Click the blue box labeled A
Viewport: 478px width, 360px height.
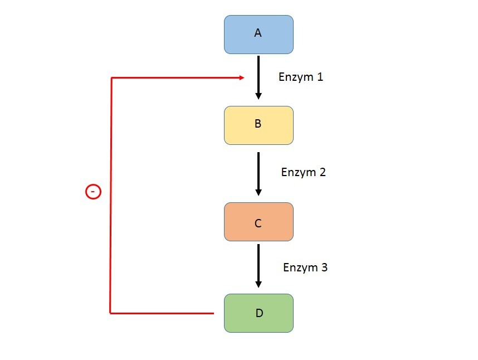tap(258, 35)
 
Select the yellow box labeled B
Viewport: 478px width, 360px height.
tap(258, 125)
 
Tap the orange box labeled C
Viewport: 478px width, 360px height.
tap(258, 222)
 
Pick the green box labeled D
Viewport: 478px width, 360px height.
tap(258, 313)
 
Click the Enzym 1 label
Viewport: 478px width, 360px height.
tap(301, 77)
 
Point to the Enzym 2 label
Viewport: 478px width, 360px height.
tap(304, 172)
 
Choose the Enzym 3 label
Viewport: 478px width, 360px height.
tap(305, 267)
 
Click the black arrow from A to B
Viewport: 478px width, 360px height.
tap(258, 75)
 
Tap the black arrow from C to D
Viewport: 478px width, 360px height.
tap(258, 264)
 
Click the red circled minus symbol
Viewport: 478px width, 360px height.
tap(93, 192)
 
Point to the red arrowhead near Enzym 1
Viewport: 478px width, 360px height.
tap(242, 78)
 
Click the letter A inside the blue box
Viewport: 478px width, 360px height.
tap(258, 33)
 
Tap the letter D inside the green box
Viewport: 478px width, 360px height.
tap(259, 313)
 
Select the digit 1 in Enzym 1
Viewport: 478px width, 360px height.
tap(320, 77)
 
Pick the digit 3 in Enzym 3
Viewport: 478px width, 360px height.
tap(324, 267)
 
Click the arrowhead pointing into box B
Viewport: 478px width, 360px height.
tap(258, 96)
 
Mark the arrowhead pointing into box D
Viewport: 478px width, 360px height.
tap(258, 284)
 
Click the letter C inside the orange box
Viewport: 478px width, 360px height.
tap(258, 223)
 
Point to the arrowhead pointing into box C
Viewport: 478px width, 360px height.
tap(258, 192)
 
